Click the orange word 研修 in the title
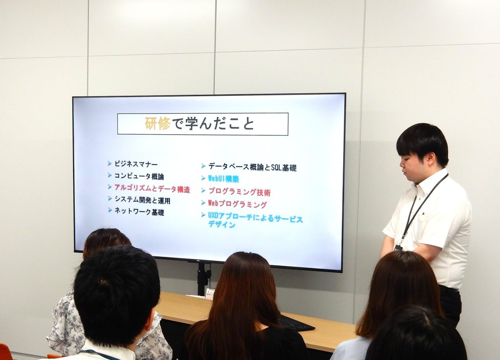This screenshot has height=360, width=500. [158, 124]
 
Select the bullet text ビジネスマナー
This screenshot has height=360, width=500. [136, 164]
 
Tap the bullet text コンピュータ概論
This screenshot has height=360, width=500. [139, 176]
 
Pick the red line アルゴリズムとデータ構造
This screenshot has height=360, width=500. [152, 189]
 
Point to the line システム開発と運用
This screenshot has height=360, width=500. [142, 200]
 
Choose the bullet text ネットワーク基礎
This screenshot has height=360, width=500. [139, 212]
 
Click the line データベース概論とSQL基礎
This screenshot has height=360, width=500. [252, 168]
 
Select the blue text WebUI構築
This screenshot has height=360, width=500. [223, 179]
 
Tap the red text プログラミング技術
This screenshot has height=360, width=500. [239, 192]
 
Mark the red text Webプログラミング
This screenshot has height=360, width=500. [237, 204]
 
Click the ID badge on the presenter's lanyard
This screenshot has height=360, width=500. [397, 248]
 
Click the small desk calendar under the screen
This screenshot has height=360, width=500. [210, 294]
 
